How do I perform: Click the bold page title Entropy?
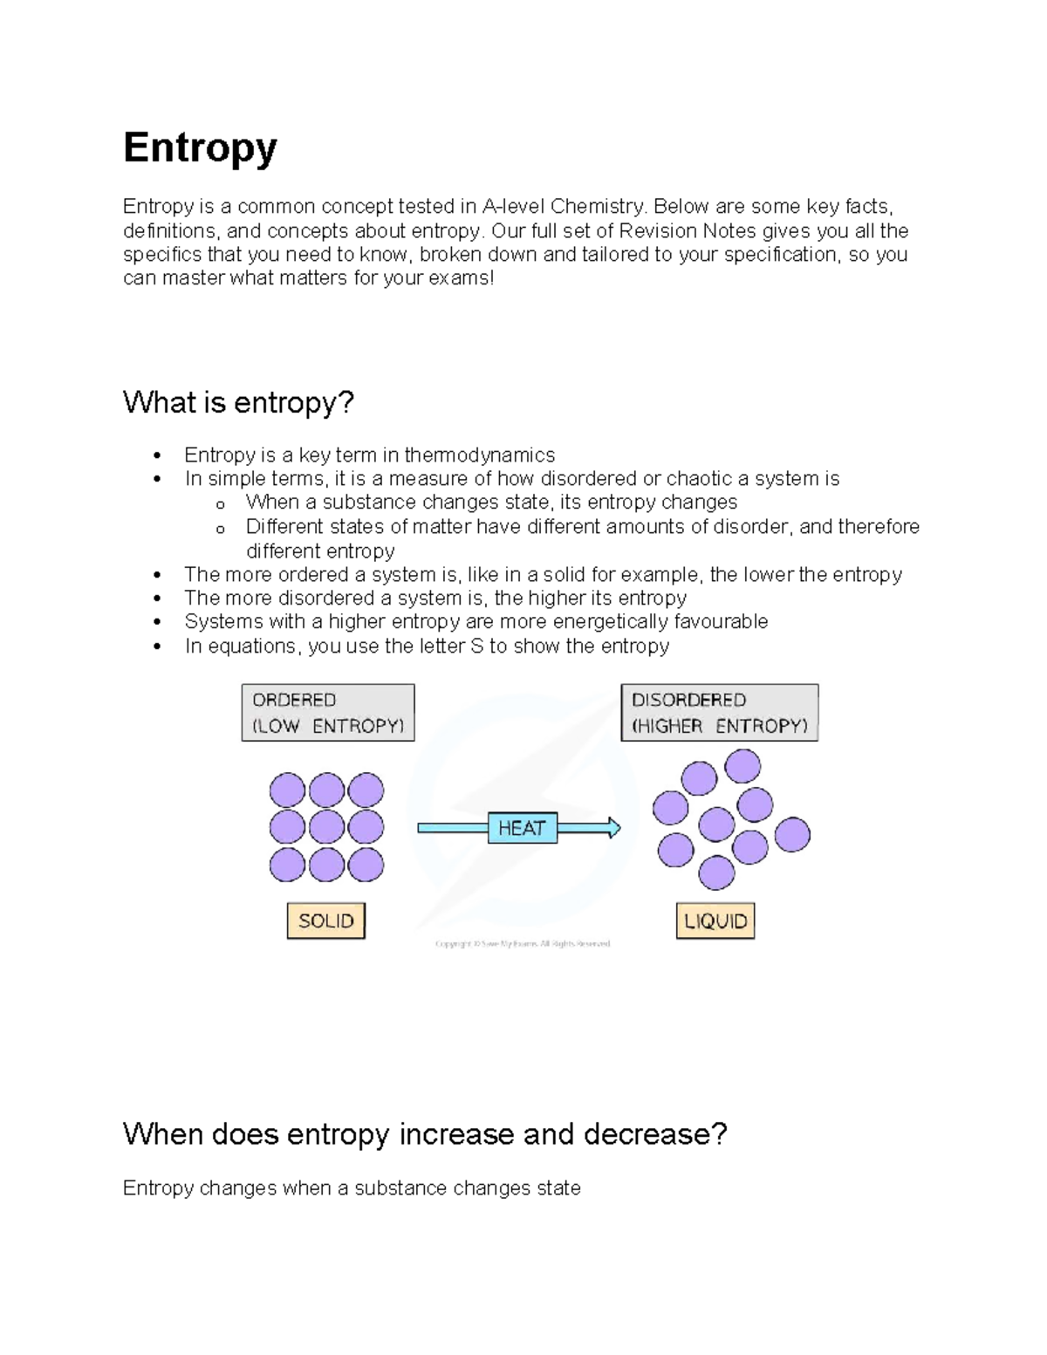click(200, 147)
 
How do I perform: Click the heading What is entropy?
click(238, 402)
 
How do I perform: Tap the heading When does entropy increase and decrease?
click(425, 1133)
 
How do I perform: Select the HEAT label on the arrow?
click(522, 828)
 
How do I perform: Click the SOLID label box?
click(326, 920)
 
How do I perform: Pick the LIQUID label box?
click(715, 920)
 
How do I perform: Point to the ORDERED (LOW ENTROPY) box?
click(328, 713)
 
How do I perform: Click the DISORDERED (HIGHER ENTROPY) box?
click(720, 713)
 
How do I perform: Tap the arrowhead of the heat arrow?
click(614, 828)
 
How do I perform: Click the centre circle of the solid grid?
click(327, 827)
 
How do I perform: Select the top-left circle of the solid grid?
click(288, 790)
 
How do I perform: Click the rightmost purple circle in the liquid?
click(792, 834)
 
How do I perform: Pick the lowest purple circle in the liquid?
click(717, 872)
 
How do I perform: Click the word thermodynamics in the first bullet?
click(480, 455)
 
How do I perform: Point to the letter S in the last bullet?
click(476, 646)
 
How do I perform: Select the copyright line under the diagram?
click(523, 943)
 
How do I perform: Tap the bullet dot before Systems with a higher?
click(157, 622)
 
